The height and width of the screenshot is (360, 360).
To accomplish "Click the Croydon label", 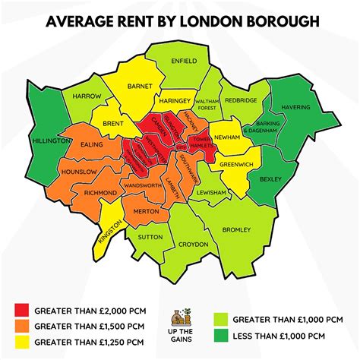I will tap(192, 245).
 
